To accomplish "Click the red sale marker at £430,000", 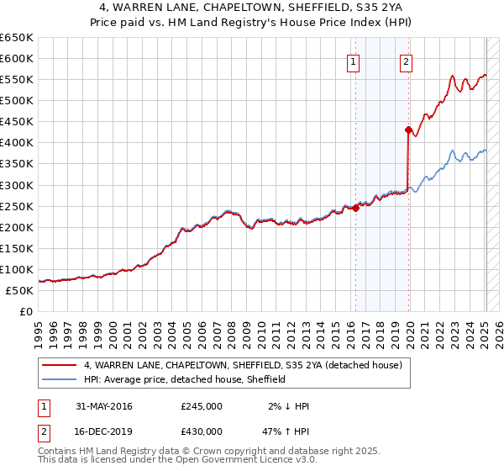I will pos(408,130).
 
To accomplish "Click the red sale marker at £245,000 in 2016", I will pos(355,209).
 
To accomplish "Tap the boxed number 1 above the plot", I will pos(353,61).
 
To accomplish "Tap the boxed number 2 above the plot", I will pos(406,61).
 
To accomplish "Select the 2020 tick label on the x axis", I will pos(410,331).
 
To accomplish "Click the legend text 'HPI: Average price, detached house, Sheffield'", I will pos(185,379).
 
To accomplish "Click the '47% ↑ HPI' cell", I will pos(285,431).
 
